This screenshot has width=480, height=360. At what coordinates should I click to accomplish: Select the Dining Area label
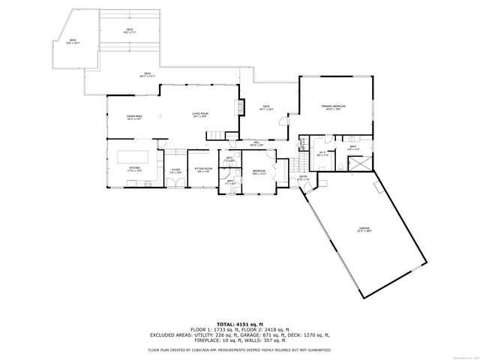pyautogui.click(x=134, y=117)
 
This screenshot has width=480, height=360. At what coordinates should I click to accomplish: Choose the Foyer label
pyautogui.click(x=175, y=171)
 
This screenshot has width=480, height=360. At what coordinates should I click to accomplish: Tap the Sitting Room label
pyautogui.click(x=203, y=170)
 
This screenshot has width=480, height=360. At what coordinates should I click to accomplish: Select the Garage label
pyautogui.click(x=364, y=229)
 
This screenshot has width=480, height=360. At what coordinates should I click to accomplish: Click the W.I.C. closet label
pyautogui.click(x=322, y=154)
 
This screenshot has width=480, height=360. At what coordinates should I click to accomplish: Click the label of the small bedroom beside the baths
pyautogui.click(x=259, y=172)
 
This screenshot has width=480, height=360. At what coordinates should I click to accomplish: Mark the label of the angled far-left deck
pyautogui.click(x=73, y=41)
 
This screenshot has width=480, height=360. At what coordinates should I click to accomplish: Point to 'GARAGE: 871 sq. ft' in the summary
pyautogui.click(x=256, y=335)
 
